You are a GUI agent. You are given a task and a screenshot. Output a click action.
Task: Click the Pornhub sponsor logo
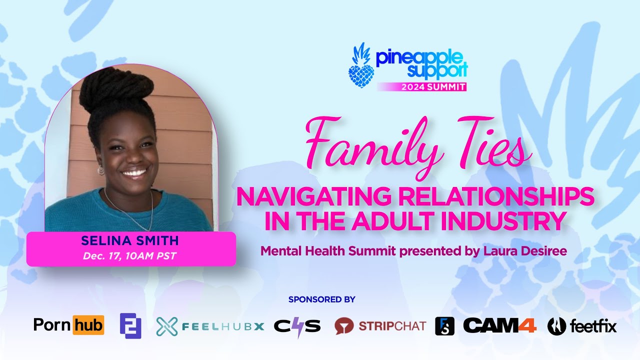pos(68,326)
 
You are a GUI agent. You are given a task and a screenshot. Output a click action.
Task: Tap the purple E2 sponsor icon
pos(130,326)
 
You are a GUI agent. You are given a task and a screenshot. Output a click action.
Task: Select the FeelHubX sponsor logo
pos(210,326)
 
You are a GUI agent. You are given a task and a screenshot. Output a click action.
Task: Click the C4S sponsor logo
pos(297,326)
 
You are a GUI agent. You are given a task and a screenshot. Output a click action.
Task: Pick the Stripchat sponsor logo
pos(380,326)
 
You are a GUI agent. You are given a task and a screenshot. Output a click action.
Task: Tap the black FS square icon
pos(444,326)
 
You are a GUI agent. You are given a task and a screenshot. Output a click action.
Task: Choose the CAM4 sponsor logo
pos(499,326)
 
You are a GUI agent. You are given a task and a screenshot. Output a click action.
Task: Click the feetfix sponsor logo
pos(582,326)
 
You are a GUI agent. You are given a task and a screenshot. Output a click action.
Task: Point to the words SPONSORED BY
pos(321,299)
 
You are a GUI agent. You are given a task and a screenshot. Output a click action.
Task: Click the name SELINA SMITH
pos(130,240)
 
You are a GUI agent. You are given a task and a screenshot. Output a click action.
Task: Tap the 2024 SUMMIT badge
pos(433,86)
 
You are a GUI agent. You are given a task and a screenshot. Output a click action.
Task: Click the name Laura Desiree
pos(524,251)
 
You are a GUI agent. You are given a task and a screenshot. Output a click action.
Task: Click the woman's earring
pos(101,170)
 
